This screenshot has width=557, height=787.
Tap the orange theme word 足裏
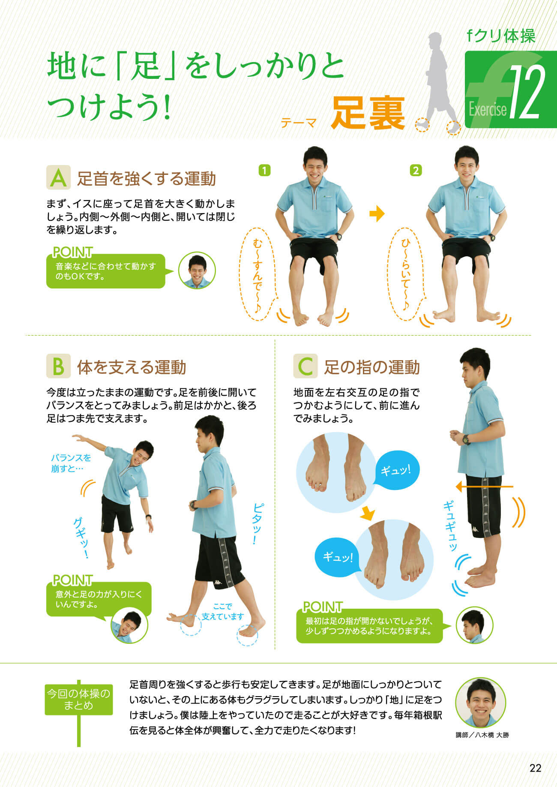tap(368, 113)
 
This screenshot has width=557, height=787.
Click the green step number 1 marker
tap(265, 170)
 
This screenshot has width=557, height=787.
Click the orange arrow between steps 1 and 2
tap(377, 213)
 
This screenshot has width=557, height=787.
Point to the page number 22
tap(536, 768)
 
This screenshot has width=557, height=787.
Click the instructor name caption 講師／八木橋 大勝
tap(482, 735)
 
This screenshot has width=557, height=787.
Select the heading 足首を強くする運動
tap(147, 179)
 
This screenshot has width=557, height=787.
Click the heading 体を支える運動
tap(132, 367)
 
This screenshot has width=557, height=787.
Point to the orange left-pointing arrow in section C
tap(484, 487)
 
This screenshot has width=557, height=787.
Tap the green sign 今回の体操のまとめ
tap(79, 699)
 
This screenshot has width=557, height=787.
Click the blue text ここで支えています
tap(223, 612)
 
